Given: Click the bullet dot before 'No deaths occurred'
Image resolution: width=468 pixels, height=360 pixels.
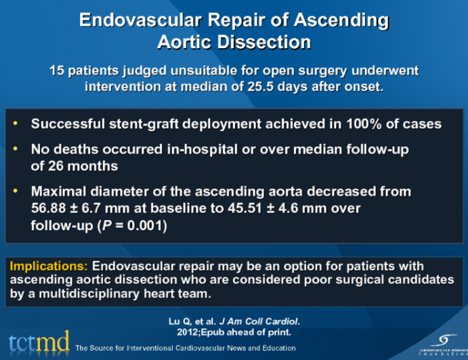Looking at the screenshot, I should [x=16, y=147].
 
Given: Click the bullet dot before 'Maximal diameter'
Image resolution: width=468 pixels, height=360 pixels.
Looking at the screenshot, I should [x=16, y=192].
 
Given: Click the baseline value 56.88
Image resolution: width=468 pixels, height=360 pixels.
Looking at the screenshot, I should [x=49, y=208].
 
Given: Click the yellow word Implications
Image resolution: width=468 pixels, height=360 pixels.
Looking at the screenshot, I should [x=48, y=266].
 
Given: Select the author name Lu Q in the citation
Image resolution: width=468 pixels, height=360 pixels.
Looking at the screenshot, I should [x=177, y=321].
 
